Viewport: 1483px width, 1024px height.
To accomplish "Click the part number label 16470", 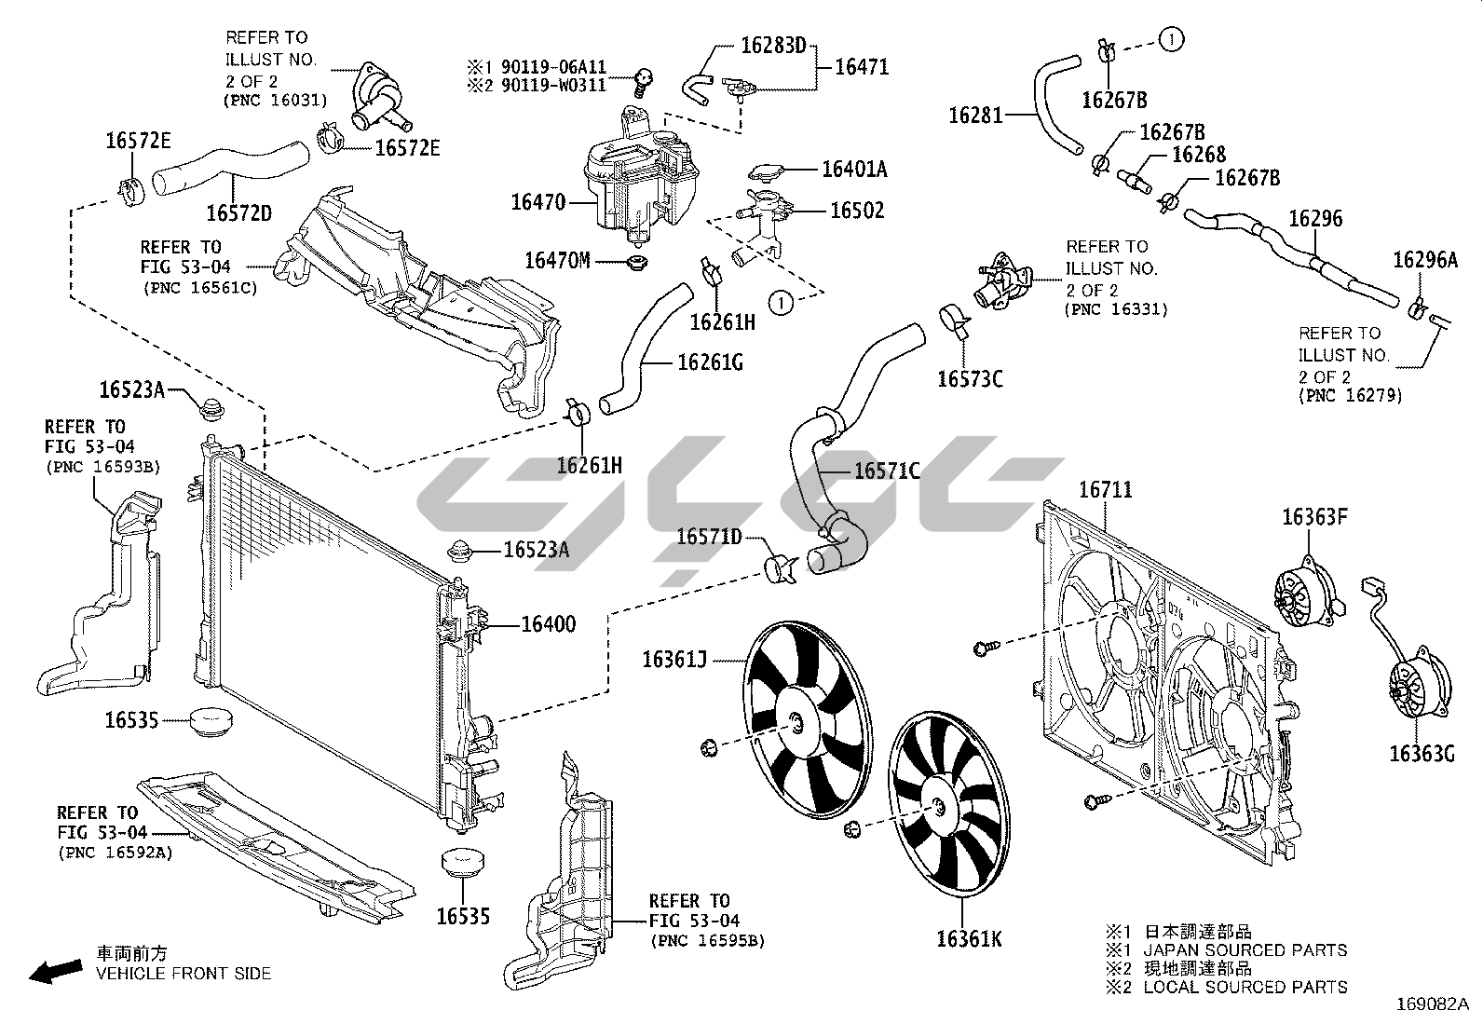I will pos(537,201).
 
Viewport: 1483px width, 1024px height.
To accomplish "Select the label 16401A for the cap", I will pos(853,170).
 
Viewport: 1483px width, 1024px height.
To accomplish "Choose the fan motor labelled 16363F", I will pos(1303,594).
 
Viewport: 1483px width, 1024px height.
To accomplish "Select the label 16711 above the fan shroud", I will pos(1105,489).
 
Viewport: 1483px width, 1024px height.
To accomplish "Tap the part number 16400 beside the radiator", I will pos(548,624).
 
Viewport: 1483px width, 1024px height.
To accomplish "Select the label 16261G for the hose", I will pos(710,362).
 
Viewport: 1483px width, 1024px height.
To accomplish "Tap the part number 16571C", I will pos(887,471).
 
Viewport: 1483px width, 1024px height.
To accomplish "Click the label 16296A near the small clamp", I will pos(1424,260).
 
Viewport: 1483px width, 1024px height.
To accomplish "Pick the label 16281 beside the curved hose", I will pos(976,116).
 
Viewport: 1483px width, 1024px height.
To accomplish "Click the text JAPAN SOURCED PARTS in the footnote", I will pos(1245,950).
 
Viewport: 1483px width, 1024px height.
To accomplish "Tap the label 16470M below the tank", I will pos(557,260).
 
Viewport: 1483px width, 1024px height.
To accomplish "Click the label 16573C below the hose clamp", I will pos(970,378).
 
